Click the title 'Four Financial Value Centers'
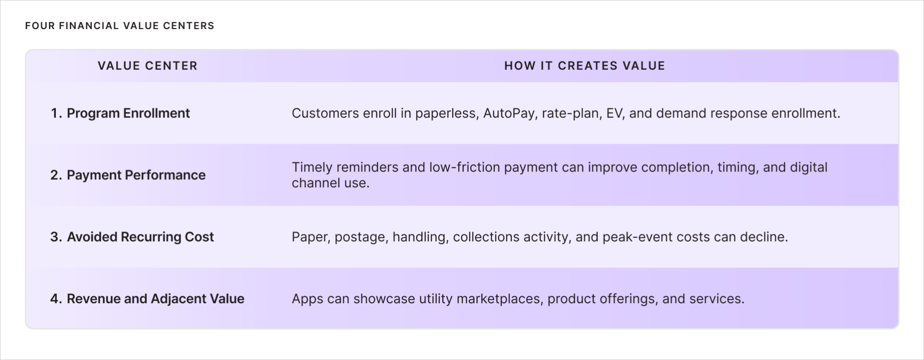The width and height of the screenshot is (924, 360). tap(120, 26)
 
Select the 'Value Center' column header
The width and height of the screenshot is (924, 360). tap(147, 66)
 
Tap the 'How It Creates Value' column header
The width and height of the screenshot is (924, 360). tap(584, 66)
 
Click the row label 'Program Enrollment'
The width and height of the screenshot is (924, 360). tap(128, 113)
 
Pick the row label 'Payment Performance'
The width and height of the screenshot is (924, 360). tap(136, 175)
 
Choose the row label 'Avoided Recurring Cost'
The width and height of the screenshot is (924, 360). tap(140, 237)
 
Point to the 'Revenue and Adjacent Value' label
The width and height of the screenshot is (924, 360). tap(156, 299)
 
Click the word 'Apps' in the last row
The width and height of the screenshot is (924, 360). tap(307, 299)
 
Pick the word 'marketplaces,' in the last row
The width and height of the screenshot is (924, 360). tap(500, 299)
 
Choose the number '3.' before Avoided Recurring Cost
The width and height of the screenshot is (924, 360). tap(56, 237)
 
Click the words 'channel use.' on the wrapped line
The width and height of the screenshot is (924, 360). tap(331, 183)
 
